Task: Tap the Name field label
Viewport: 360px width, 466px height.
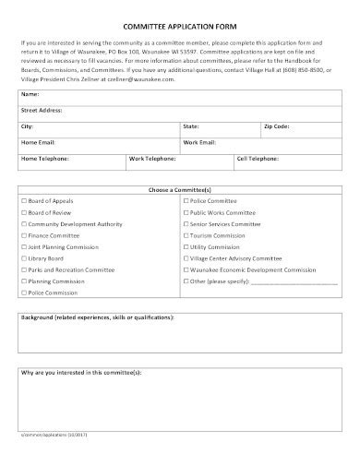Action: (30, 94)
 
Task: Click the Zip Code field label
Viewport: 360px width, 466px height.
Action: (276, 125)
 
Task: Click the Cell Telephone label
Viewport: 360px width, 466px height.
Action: (258, 158)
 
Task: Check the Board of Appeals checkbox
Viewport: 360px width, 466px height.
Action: (23, 200)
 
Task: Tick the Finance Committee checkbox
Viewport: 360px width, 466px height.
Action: (23, 235)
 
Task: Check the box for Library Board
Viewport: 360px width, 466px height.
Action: (23, 258)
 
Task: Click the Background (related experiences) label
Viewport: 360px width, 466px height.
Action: (97, 317)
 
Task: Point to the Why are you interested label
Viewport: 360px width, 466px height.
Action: (81, 373)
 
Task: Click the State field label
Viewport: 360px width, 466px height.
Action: (191, 125)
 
